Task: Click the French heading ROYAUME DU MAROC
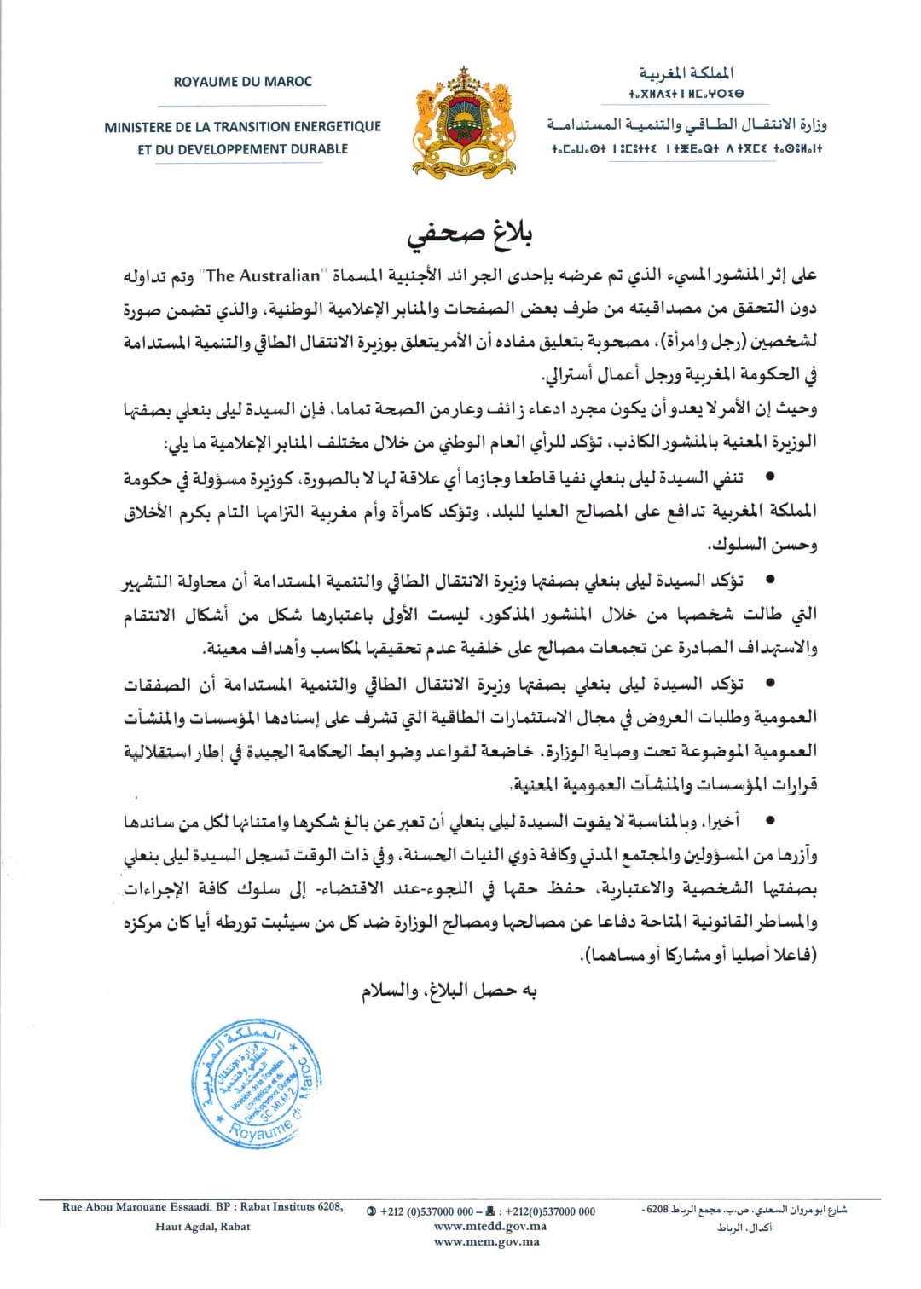click(243, 82)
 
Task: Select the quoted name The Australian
click(264, 275)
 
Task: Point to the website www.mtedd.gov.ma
click(489, 1226)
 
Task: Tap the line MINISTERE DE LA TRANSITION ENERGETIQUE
click(243, 127)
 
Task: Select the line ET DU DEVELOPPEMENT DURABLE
click(243, 148)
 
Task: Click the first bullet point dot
click(772, 478)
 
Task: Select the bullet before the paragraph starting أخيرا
click(772, 821)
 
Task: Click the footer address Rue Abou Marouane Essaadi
click(143, 1206)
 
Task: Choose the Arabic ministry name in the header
click(687, 125)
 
